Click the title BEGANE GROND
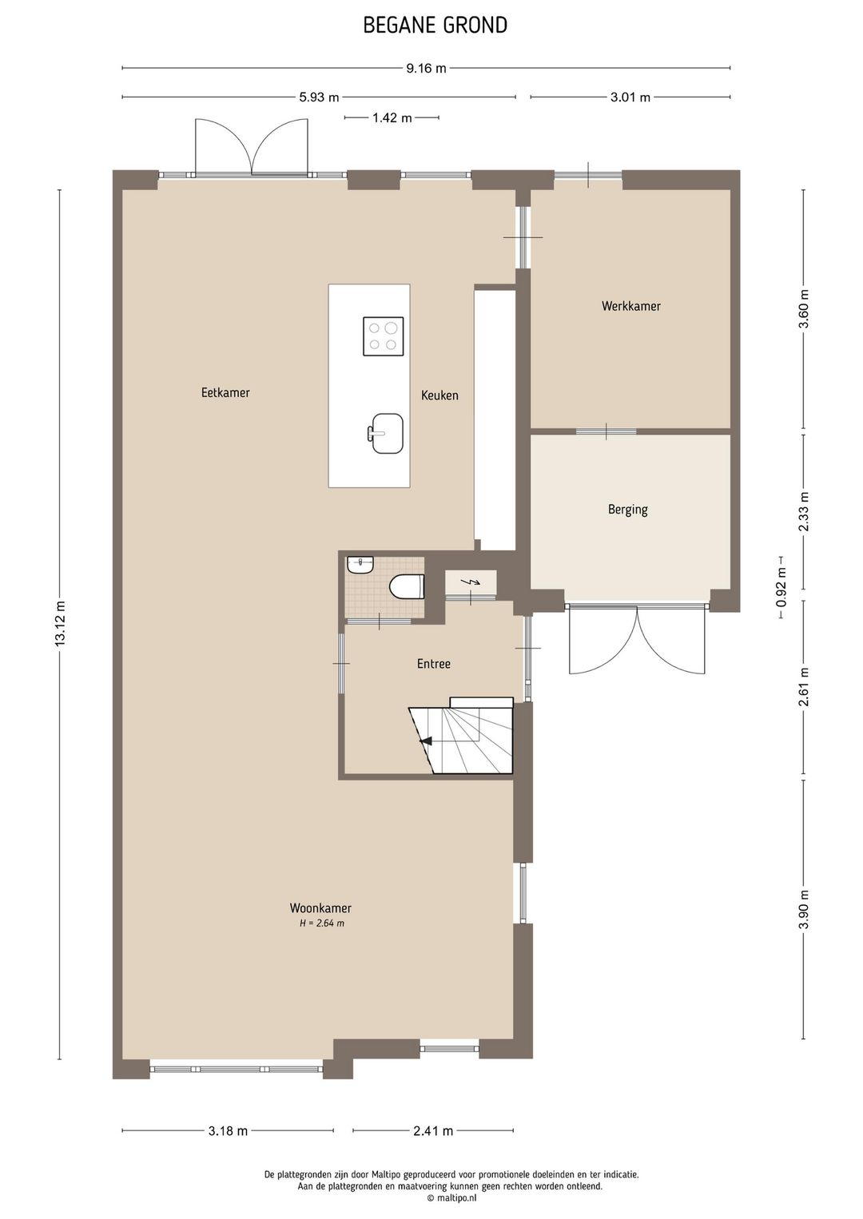(435, 25)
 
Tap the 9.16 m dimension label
(427, 68)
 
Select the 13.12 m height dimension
(60, 624)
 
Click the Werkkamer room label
(631, 306)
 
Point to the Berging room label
(628, 510)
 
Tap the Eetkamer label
(225, 392)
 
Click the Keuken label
(439, 395)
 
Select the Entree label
(434, 663)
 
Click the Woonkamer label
(320, 907)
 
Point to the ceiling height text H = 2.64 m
(322, 923)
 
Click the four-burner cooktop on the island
(384, 336)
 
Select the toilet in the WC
(408, 586)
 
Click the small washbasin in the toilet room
(360, 564)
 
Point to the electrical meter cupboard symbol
(471, 583)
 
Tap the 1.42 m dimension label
(392, 117)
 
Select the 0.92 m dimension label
(781, 588)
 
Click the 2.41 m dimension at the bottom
(433, 1131)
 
